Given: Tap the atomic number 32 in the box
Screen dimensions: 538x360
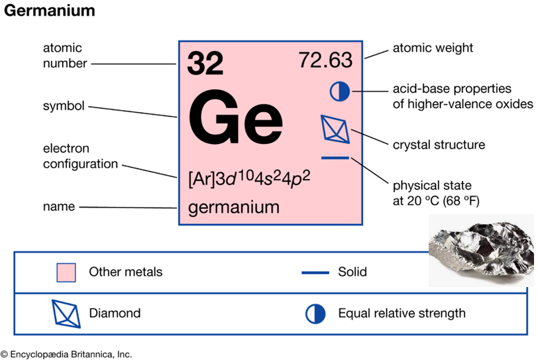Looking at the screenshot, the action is point(205,63).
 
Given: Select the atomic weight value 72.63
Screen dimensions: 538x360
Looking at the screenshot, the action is point(325,60).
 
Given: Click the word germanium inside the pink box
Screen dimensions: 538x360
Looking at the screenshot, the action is point(233,208).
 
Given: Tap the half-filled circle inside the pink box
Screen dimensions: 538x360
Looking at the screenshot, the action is point(339,91).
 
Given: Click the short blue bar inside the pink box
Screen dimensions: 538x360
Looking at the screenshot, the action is point(335,158).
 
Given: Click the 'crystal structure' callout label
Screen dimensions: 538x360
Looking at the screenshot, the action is point(439,145).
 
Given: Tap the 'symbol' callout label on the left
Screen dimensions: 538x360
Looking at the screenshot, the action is point(64,106).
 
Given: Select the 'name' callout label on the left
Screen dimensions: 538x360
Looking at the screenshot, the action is point(59,207).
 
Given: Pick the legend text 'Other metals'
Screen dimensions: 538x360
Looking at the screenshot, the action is point(125,272).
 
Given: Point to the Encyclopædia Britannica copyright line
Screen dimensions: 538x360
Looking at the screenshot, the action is point(66,354).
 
